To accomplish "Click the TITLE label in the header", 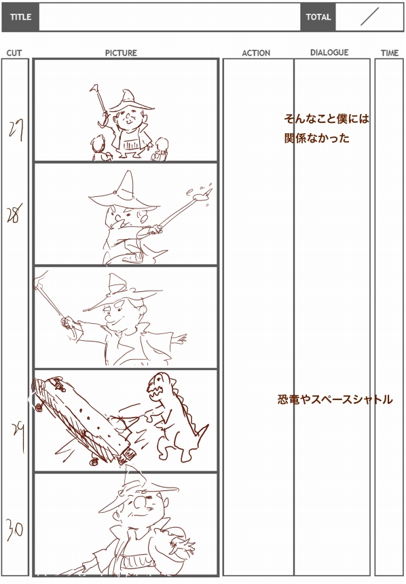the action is (20, 17).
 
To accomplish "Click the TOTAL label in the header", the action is (318, 17).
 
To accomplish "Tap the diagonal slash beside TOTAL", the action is (369, 17).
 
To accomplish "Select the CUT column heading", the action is (14, 53).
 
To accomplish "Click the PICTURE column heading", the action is (121, 53).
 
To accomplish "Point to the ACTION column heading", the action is (256, 53).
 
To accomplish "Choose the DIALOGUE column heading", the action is (330, 52).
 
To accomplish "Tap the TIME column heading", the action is (390, 53).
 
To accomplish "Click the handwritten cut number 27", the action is (16, 130).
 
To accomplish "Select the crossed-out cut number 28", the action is (15, 214).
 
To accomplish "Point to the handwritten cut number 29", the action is (19, 435).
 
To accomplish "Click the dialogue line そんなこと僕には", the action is (327, 120).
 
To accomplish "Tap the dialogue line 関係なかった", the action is (317, 138).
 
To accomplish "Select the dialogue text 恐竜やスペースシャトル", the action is (335, 399).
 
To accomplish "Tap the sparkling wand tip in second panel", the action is (206, 194).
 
